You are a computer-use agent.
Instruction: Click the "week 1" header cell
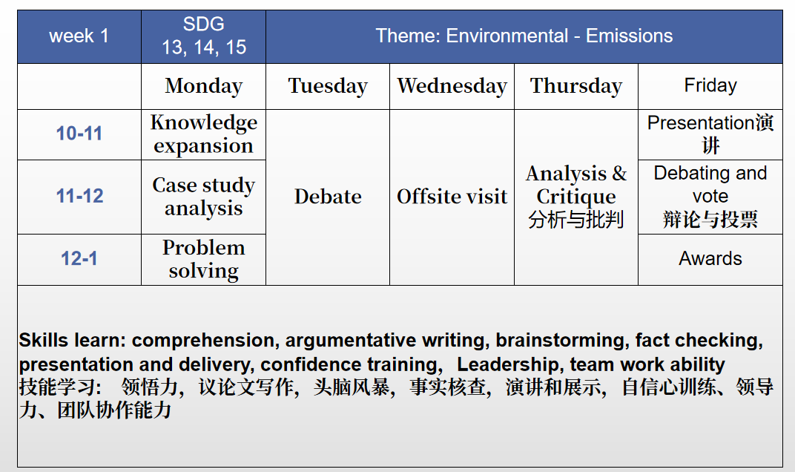[79, 36]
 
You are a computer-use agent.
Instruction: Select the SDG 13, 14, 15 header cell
[203, 36]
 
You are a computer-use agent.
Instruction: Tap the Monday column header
[203, 86]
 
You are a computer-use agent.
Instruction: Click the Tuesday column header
[328, 86]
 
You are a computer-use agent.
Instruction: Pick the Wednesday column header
[452, 86]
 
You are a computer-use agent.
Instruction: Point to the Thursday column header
[576, 86]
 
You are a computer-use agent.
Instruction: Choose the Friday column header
[710, 86]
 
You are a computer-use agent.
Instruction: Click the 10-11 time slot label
[79, 134]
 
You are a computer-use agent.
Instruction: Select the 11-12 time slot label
[79, 197]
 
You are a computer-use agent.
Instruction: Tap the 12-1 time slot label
[79, 259]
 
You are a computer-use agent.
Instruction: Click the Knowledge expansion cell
[203, 134]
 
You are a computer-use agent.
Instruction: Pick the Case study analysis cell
[203, 197]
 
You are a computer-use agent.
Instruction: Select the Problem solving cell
[203, 259]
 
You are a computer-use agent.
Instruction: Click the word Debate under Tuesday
[328, 197]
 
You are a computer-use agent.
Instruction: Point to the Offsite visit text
[452, 197]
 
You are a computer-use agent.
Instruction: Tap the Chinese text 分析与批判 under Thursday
[576, 220]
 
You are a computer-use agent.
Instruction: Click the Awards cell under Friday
[710, 259]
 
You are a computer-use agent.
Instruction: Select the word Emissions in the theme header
[629, 36]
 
